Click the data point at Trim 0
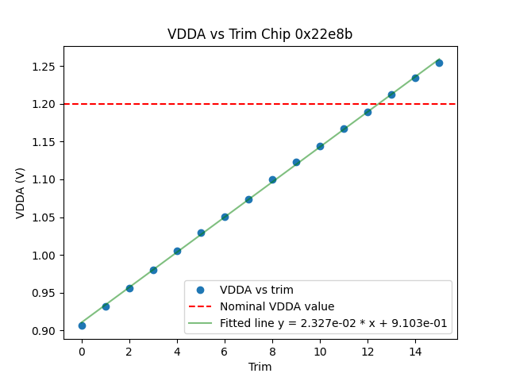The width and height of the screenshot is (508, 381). [82, 325]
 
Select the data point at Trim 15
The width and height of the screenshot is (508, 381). [439, 63]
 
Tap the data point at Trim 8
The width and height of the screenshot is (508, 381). [272, 179]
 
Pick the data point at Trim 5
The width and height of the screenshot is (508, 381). [201, 233]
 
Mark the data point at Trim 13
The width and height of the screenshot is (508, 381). [391, 94]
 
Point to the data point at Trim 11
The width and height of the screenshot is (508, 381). [344, 129]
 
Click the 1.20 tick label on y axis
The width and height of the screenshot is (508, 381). [44, 104]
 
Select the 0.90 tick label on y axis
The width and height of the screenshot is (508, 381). [44, 331]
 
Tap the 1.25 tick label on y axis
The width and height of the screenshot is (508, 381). [44, 66]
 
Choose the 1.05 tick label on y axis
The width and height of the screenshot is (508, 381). [44, 217]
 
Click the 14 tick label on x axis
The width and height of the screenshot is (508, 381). [415, 350]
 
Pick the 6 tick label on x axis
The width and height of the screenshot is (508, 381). [225, 350]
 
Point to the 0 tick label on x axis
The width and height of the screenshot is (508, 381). [82, 350]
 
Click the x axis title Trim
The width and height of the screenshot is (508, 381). [260, 367]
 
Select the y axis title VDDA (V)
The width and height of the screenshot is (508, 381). [21, 192]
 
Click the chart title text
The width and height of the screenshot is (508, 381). [260, 34]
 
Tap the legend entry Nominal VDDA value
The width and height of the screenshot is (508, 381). [277, 306]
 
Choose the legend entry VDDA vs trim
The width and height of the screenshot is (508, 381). [256, 290]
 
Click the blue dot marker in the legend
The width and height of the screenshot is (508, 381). [202, 290]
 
